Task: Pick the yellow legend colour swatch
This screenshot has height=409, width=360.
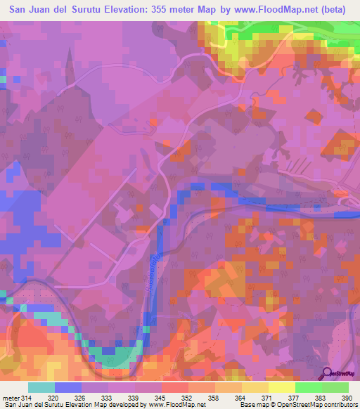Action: tap(281, 387)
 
